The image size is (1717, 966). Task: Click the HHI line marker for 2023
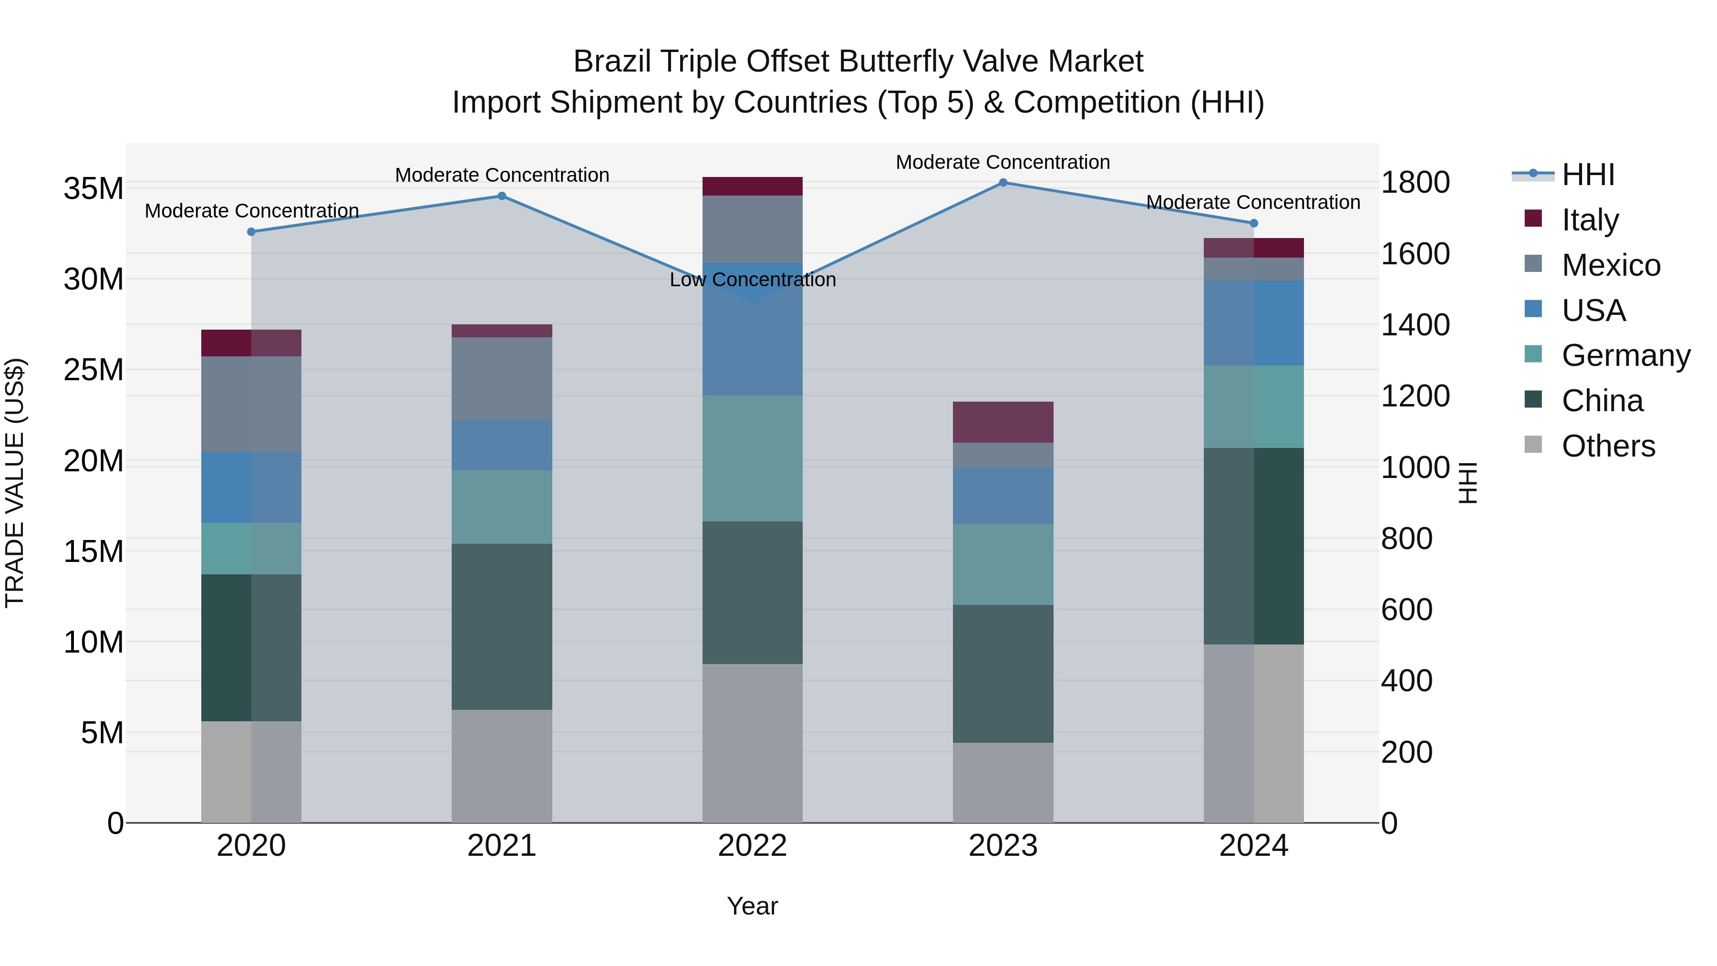pos(1003,183)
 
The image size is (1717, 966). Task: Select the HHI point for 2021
pos(502,196)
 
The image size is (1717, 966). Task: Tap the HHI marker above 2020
pos(251,232)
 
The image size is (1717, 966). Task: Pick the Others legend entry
pos(1608,446)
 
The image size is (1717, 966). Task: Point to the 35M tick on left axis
pos(93,188)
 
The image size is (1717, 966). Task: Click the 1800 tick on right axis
pos(1415,183)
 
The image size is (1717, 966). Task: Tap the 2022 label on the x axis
pos(753,846)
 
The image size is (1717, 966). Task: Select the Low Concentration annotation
pos(753,280)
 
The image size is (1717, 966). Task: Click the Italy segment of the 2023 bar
pos(1003,422)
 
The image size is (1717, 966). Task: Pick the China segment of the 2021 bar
pos(502,627)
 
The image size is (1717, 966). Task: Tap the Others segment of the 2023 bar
pos(1003,783)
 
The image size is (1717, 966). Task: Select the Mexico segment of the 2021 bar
pos(502,379)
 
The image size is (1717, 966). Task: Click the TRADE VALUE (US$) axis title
pos(15,483)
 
